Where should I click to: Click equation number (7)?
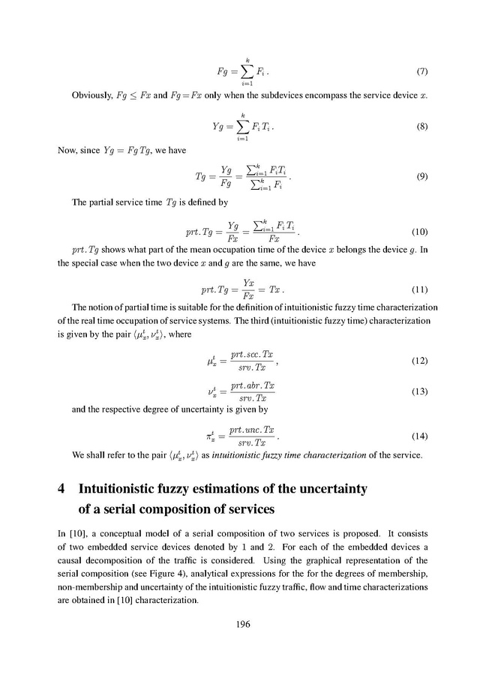421,73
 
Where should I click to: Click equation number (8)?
421,127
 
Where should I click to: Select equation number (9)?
421,178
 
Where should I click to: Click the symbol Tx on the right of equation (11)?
275,289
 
